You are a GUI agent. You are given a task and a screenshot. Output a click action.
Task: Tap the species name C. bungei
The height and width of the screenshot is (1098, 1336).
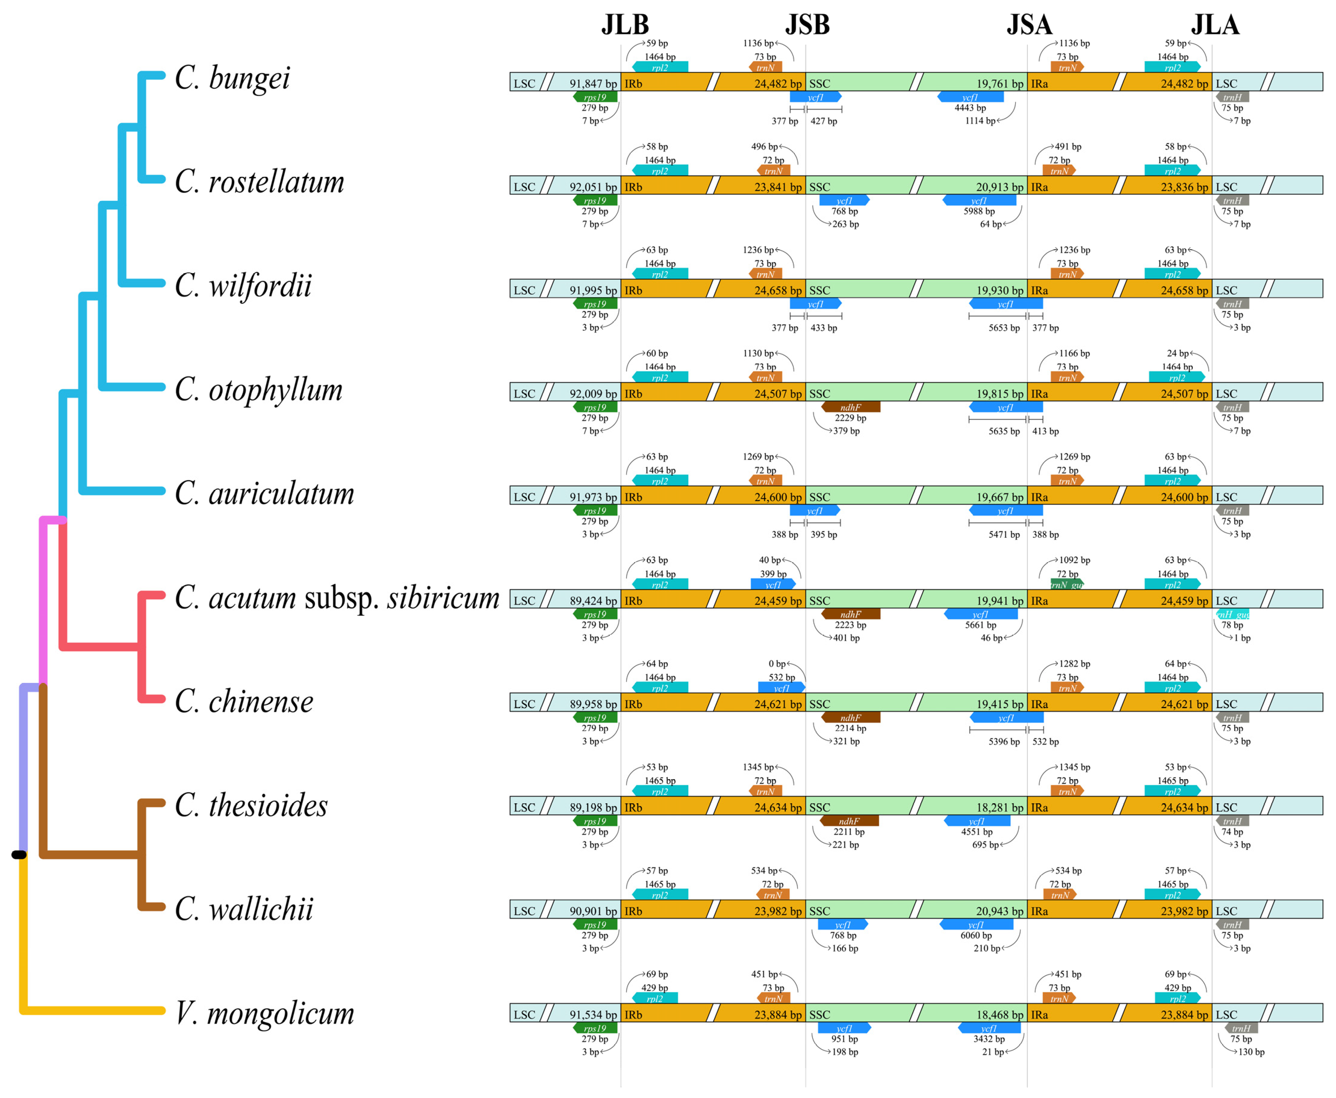[232, 79]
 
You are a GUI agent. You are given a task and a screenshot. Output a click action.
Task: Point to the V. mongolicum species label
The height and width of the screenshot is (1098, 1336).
[264, 1013]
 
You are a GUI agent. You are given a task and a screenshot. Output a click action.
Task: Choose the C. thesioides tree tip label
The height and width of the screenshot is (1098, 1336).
[251, 805]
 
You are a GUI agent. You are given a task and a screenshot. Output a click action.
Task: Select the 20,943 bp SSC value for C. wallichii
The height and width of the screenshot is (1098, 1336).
[999, 911]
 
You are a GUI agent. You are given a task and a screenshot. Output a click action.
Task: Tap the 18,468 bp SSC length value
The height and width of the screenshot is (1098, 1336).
[999, 1015]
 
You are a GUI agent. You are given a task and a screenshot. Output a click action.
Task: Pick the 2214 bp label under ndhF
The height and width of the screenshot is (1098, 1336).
[850, 728]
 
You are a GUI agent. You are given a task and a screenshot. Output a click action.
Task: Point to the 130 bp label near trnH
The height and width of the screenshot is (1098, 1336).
[1251, 1052]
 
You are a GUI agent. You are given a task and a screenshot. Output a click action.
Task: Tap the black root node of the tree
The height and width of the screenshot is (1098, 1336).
[19, 855]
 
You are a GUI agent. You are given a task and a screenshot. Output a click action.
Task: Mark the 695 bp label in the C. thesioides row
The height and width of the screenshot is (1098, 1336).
[985, 844]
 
